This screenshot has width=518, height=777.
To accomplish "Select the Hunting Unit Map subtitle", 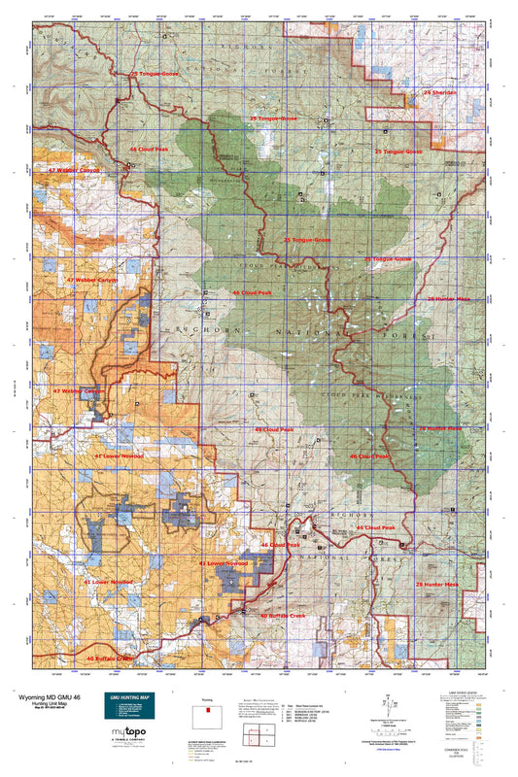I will [47, 703].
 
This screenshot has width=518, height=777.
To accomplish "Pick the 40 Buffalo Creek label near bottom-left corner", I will [109, 658].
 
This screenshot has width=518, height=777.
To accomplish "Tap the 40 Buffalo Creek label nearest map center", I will [283, 615].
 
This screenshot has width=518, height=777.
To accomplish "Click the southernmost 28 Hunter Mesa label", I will [436, 584].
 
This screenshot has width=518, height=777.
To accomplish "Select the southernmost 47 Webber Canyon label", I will [78, 391].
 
